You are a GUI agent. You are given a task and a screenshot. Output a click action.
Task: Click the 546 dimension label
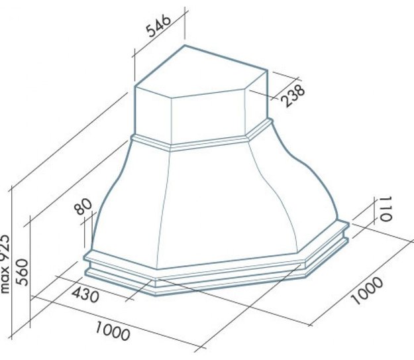pyautogui.click(x=159, y=26)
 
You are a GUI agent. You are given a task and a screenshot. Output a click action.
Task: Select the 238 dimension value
pyautogui.click(x=293, y=95)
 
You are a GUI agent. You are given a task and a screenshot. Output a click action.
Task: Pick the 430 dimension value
pyautogui.click(x=85, y=295)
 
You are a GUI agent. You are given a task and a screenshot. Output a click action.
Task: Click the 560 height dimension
pyautogui.click(x=22, y=272)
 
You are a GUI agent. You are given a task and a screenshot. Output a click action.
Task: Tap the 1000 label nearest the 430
pyautogui.click(x=113, y=330)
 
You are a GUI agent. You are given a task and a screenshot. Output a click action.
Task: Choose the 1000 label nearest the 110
pyautogui.click(x=366, y=290)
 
